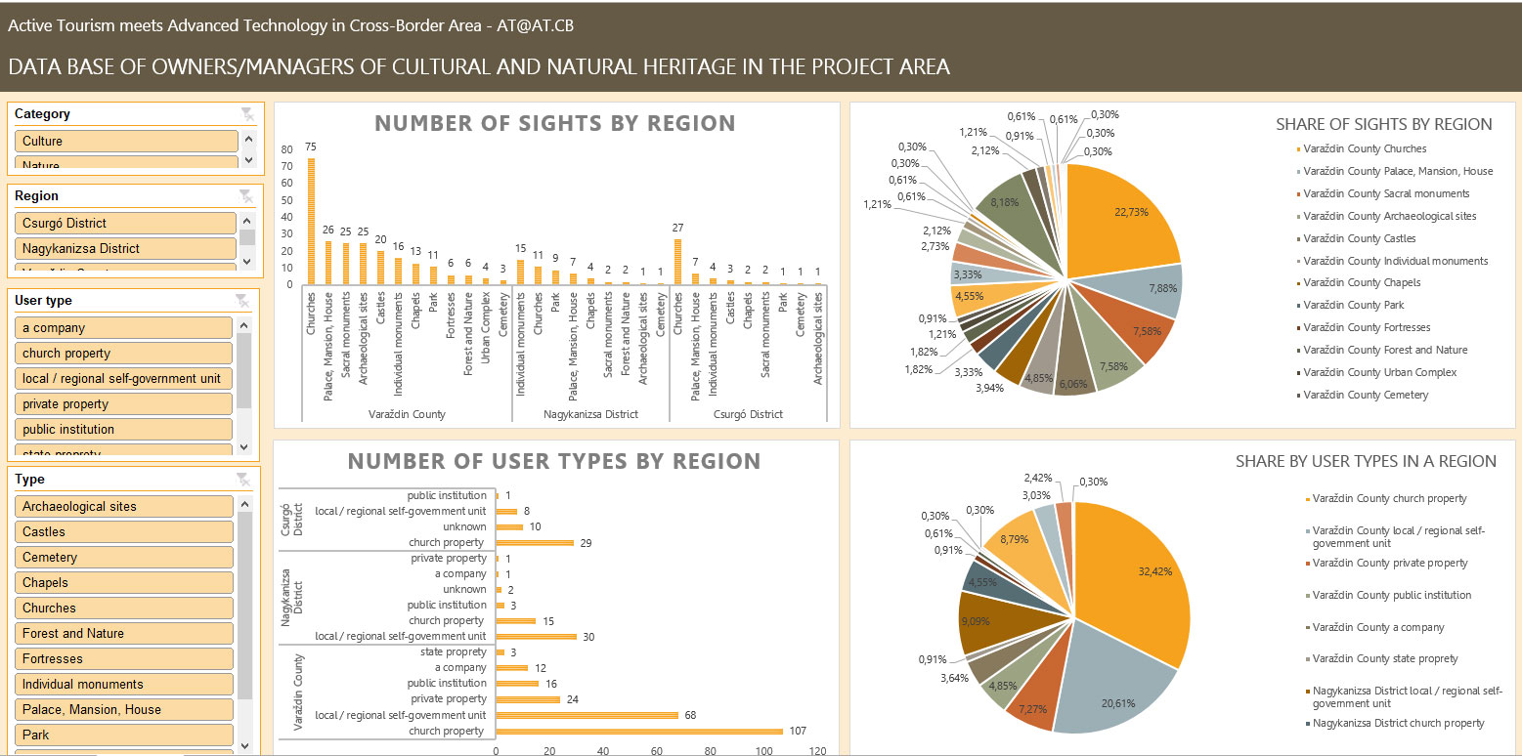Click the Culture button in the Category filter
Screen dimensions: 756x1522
126,141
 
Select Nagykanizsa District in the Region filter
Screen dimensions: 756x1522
126,248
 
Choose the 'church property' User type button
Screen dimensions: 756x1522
124,353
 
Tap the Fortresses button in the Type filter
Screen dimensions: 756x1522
124,658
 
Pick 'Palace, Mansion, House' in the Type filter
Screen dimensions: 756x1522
124,709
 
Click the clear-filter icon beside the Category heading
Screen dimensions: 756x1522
247,114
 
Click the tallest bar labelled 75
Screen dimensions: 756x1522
311,221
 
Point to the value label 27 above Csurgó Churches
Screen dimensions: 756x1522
677,229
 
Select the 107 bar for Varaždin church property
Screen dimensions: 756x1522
639,731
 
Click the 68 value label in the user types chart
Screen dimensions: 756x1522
691,715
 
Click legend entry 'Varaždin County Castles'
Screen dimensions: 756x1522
1359,238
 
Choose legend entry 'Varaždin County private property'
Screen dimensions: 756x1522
1390,563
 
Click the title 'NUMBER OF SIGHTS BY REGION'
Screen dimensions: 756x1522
555,123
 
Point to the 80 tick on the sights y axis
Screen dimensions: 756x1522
287,149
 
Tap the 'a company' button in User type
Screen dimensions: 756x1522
124,327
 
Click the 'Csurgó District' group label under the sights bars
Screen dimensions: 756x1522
747,414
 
